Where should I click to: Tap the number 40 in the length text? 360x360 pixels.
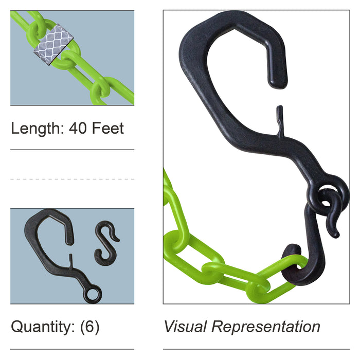78,128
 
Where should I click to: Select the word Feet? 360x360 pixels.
108,128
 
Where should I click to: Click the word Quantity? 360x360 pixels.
43,327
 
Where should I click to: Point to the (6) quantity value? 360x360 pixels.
90,327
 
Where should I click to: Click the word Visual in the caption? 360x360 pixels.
185,326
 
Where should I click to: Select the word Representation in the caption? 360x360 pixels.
266,327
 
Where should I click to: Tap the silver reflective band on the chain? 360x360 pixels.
53,44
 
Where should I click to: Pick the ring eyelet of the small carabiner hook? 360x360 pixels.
92,294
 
